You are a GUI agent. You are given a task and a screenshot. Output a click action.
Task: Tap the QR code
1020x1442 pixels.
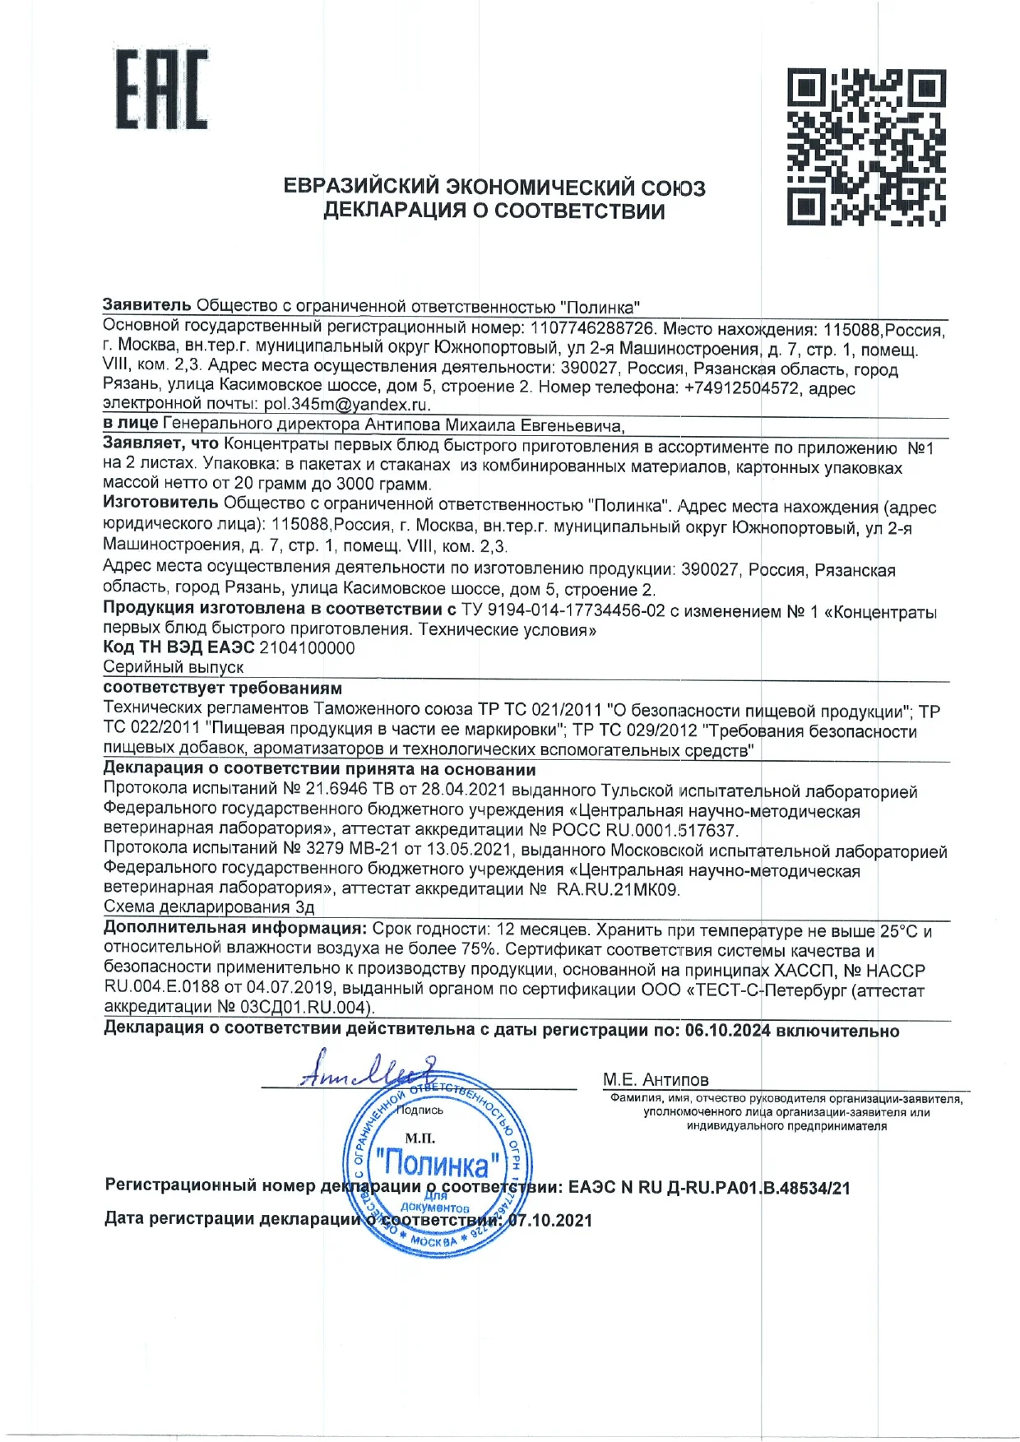pos(865,148)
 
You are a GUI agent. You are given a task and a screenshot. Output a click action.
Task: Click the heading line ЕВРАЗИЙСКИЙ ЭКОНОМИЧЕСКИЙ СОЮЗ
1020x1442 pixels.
pos(494,187)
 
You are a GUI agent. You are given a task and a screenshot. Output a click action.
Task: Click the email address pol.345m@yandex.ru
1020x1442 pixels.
pos(346,405)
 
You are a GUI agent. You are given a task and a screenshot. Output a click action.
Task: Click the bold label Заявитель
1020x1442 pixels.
pos(146,305)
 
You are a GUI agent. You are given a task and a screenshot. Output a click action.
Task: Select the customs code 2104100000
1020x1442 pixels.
pos(307,648)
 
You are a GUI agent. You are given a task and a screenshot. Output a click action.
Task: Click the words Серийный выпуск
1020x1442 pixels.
pos(174,667)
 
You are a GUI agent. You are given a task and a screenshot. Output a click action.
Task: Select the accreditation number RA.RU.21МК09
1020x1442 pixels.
pos(618,889)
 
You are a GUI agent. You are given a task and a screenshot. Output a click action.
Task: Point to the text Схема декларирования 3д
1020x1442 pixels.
pos(209,907)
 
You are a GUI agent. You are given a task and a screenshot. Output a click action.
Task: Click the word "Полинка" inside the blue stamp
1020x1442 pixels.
pos(436,1163)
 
